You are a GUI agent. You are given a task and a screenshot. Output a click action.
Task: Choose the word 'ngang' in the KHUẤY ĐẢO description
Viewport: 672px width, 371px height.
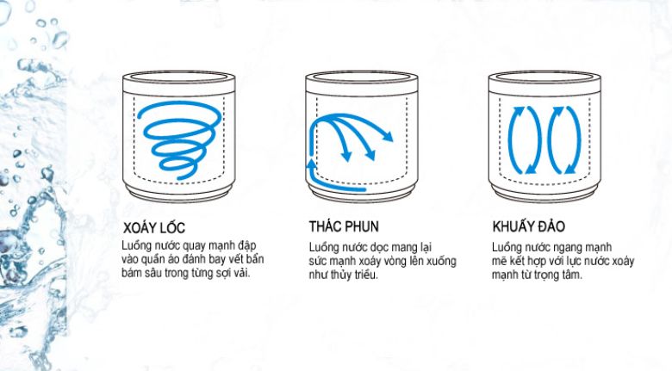569,248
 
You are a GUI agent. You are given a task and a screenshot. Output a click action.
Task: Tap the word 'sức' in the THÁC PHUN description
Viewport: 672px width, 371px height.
320,261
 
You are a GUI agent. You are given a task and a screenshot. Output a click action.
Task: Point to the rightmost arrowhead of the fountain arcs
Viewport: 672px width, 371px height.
389,136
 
